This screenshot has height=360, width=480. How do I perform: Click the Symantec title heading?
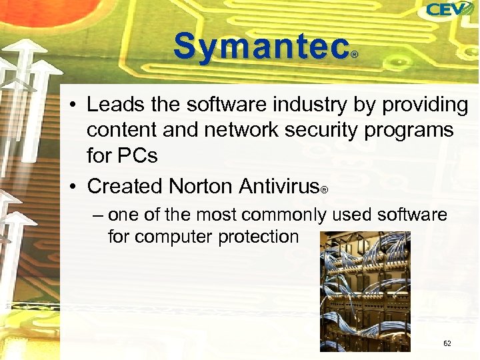(261, 47)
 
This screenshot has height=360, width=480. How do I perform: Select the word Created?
(124, 186)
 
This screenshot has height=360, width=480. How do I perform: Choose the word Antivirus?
(279, 186)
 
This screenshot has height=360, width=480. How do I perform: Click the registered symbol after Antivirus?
(324, 191)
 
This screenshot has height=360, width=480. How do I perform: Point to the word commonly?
(285, 215)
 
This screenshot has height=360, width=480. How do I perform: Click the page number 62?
(447, 343)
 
